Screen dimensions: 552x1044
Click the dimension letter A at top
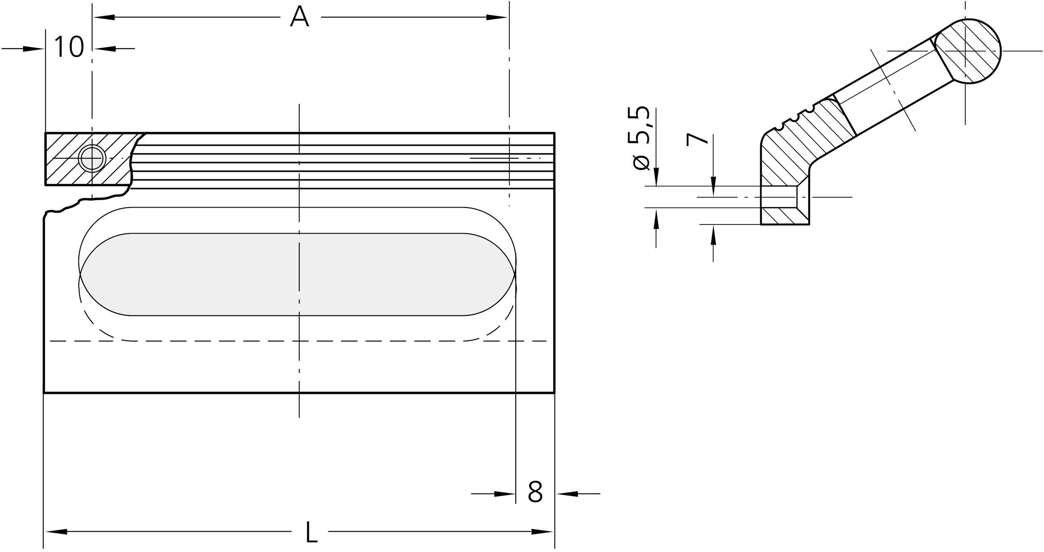click(x=299, y=17)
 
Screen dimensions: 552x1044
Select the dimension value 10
click(x=69, y=47)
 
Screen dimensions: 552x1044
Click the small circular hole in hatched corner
click(x=92, y=158)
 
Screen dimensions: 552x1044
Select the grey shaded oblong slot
click(x=297, y=274)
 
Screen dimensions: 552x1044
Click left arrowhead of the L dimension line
click(x=56, y=531)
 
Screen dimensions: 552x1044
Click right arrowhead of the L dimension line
click(x=542, y=531)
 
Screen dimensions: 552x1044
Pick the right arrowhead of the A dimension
click(x=496, y=17)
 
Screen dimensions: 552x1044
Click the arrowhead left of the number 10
click(x=33, y=49)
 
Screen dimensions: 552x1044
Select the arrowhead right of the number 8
click(x=568, y=494)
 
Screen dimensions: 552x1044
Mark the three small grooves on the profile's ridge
click(x=794, y=118)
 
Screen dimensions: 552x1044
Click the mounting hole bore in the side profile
click(x=779, y=197)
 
